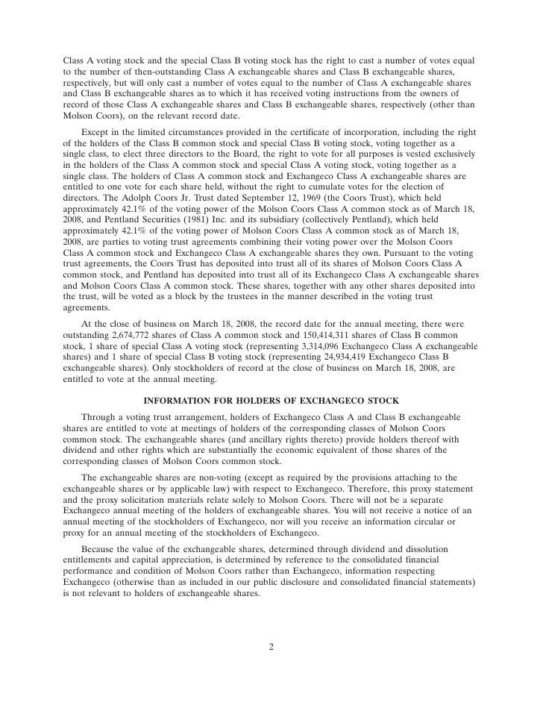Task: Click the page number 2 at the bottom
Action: click(271, 646)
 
